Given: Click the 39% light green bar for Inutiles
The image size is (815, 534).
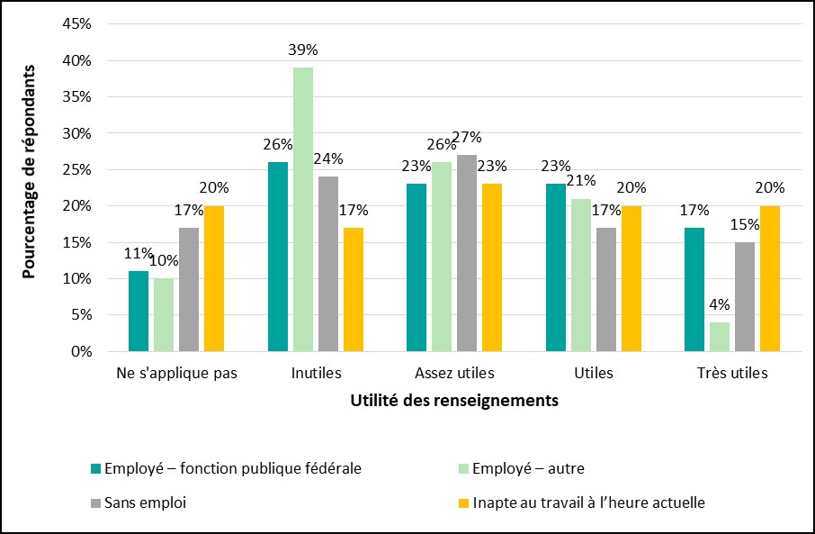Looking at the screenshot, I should [303, 209].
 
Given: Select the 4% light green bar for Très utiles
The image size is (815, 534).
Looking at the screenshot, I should [720, 337].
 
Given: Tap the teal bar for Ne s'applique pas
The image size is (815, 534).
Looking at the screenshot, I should [139, 311].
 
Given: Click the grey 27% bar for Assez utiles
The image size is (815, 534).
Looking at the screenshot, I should [467, 253].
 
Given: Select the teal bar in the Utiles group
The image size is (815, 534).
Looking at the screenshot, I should [556, 267].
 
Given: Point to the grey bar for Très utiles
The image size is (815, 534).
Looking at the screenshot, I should [745, 296].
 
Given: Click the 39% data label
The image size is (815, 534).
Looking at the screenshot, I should [303, 50].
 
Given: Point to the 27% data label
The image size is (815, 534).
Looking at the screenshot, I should [468, 138].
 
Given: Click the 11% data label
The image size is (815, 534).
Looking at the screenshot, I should [138, 253].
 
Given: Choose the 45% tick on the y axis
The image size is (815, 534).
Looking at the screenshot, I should [77, 24].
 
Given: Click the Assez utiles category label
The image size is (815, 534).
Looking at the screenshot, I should [454, 373].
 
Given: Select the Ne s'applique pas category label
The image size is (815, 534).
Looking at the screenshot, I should [176, 373].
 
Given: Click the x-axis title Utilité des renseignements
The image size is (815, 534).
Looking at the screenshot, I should [454, 401].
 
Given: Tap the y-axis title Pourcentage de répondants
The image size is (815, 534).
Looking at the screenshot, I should [30, 171].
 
